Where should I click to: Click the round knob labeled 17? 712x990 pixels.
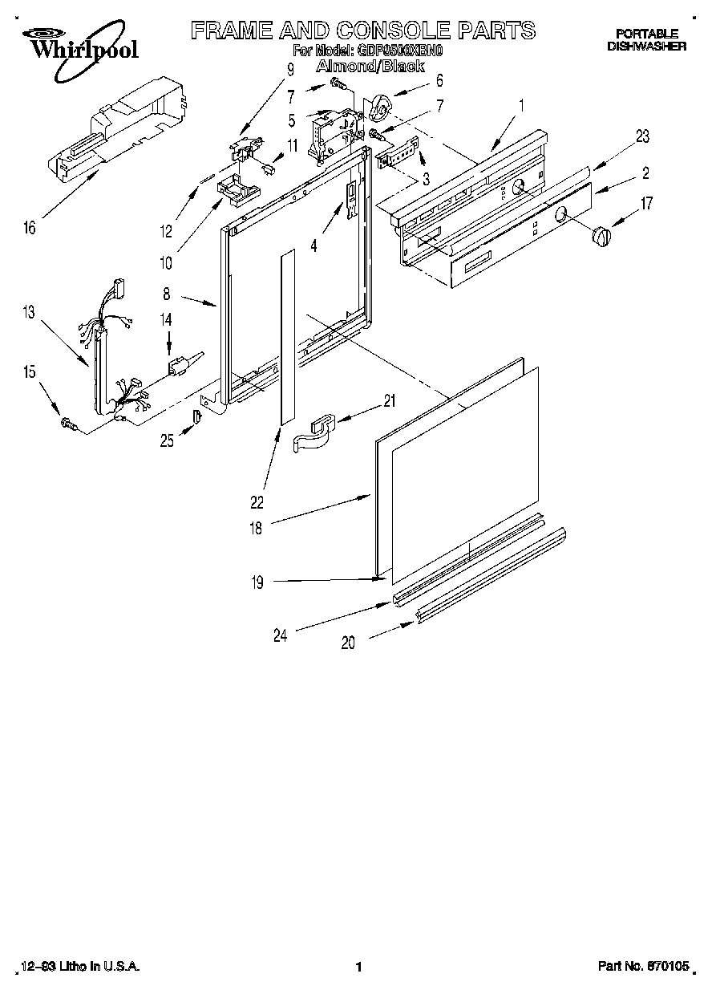601,237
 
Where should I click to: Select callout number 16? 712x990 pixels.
29,229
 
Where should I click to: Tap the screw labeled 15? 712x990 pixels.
68,424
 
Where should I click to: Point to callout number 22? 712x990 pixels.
257,503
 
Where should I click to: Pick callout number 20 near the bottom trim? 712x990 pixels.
348,642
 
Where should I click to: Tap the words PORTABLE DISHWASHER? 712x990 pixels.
646,40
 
